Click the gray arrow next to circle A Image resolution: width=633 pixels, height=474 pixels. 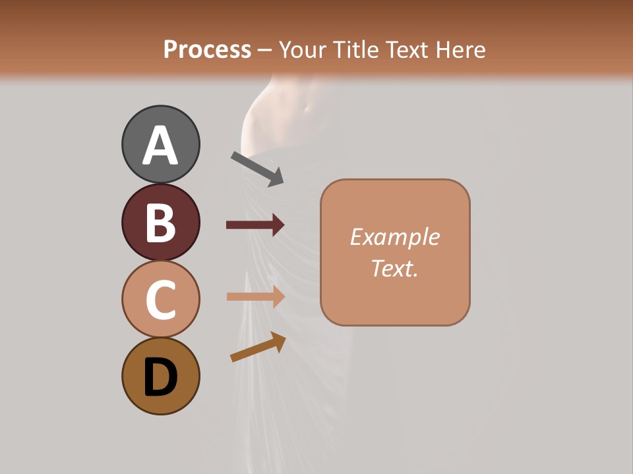pos(257,169)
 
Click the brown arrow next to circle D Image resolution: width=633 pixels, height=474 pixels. pos(258,347)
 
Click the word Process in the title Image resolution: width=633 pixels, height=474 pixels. pos(207,49)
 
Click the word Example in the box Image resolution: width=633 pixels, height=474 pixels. pos(394,237)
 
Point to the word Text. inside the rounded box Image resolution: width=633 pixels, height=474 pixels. pos(394,268)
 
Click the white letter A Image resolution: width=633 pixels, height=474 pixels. pos(160,146)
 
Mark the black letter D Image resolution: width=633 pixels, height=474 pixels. pos(160,378)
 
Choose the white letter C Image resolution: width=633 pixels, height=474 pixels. pos(160,300)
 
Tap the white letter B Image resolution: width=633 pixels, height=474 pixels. pos(160,223)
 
